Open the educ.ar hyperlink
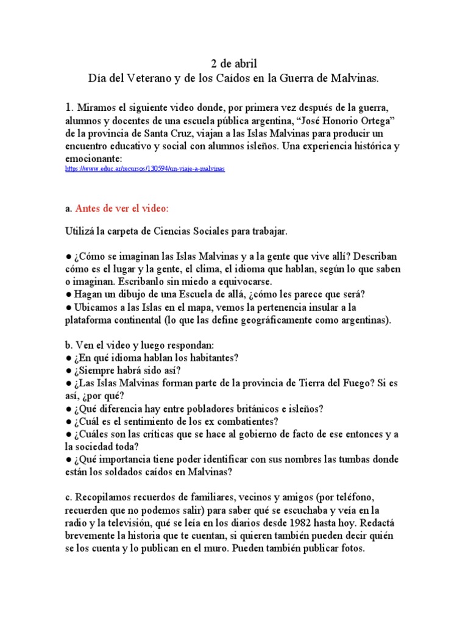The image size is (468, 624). tap(144, 169)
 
